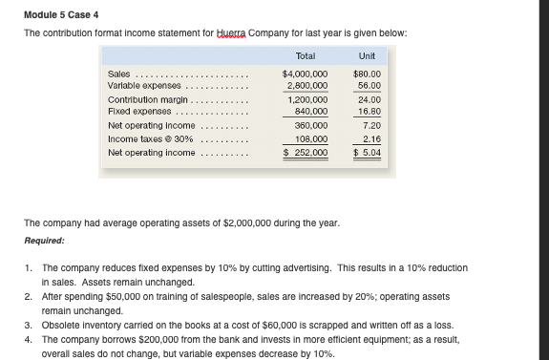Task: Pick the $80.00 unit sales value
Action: pos(368,73)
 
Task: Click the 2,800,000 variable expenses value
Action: pos(307,85)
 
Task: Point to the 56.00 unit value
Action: pos(370,85)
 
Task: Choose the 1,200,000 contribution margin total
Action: pos(307,98)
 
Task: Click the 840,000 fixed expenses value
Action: pos(310,111)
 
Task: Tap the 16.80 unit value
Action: pos(370,111)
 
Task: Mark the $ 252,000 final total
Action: pos(306,152)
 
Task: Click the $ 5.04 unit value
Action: pos(368,152)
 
